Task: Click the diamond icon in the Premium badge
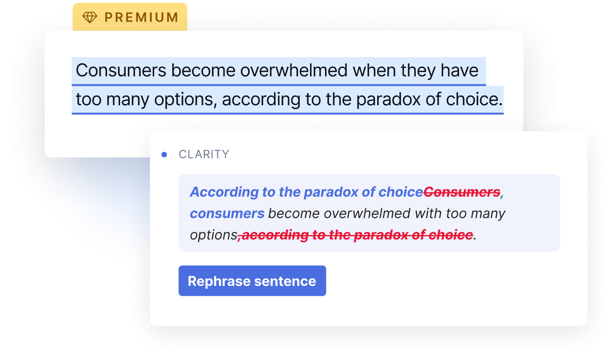90,17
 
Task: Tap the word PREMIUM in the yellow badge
142,17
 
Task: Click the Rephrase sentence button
252,281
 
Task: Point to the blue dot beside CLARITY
164,155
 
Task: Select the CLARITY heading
204,154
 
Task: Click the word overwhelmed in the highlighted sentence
294,70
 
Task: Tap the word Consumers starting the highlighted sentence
121,70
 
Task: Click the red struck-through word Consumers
462,192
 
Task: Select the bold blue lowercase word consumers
227,213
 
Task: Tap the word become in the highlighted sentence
203,70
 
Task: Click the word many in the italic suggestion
488,214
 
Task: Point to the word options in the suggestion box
214,235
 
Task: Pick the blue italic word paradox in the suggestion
331,192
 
